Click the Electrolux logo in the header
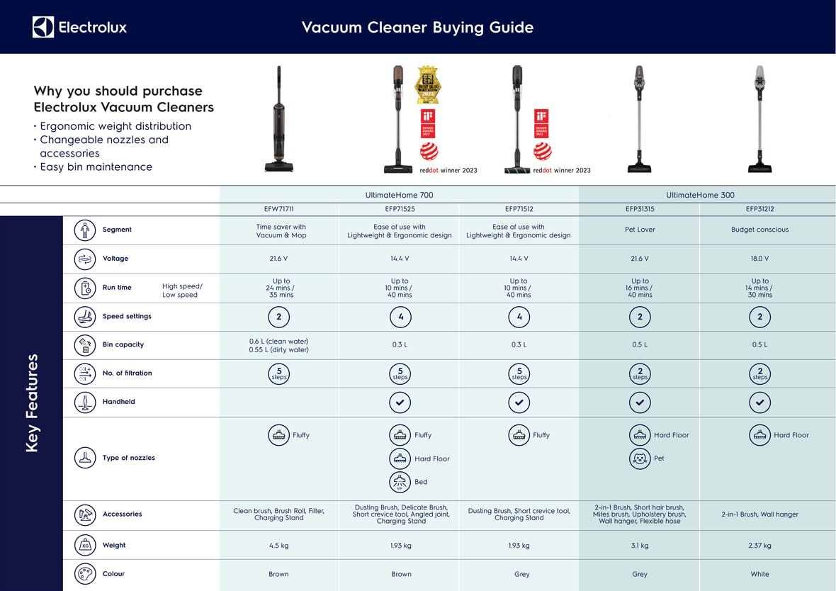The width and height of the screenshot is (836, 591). [79, 27]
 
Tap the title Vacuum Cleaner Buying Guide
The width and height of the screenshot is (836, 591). [417, 28]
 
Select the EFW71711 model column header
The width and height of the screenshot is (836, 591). [278, 209]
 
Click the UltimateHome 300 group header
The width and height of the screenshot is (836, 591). [700, 195]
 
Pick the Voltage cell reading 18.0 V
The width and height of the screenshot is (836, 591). [759, 259]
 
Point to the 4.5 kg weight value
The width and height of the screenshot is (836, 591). [278, 546]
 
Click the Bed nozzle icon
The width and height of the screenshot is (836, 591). [400, 482]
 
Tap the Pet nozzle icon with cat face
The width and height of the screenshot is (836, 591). [640, 458]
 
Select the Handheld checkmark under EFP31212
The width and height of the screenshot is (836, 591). [759, 402]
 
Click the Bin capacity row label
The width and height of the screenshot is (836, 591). [123, 344]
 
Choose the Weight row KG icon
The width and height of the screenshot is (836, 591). [85, 545]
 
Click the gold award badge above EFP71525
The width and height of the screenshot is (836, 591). [427, 85]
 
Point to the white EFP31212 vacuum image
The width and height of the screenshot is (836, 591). [759, 119]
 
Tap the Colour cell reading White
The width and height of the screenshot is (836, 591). [759, 574]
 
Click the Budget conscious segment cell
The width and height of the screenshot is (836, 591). [759, 230]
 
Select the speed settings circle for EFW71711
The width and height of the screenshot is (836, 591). [278, 317]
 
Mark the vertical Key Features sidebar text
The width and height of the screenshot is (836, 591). [32, 403]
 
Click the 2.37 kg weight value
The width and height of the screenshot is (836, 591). [759, 546]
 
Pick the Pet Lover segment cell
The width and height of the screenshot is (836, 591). [640, 230]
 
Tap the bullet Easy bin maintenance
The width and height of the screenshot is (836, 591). [96, 167]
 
